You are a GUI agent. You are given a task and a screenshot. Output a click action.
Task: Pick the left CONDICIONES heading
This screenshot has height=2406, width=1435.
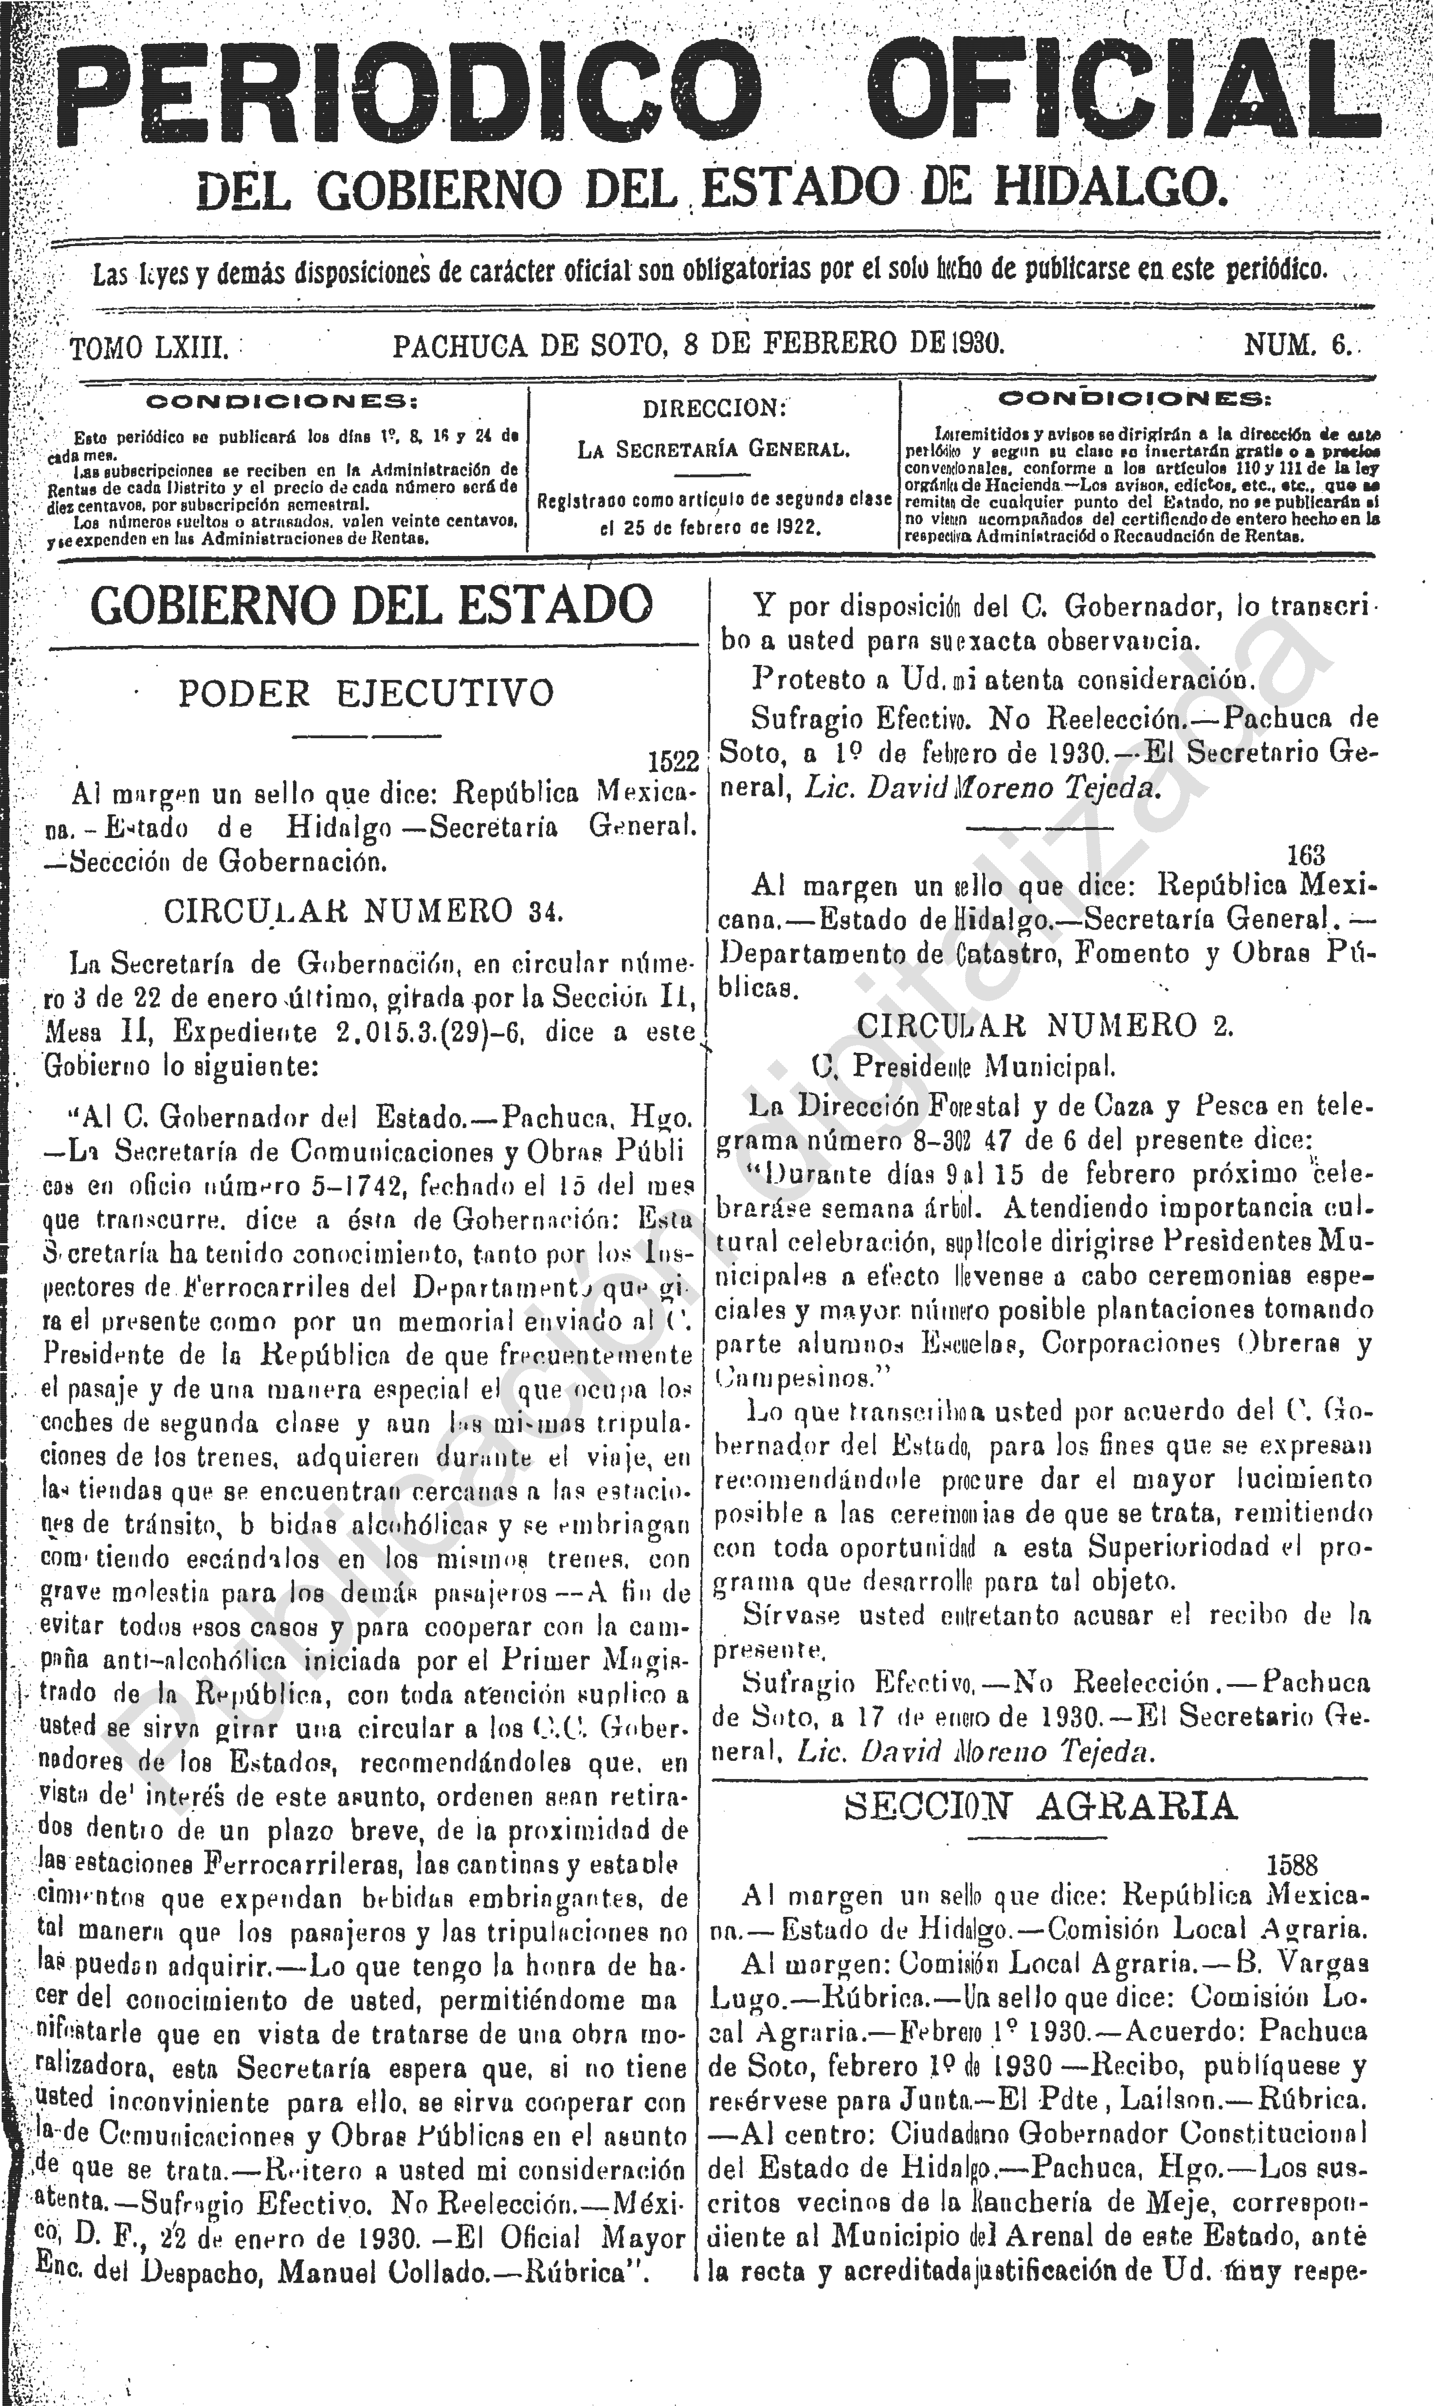pyautogui.click(x=281, y=400)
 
